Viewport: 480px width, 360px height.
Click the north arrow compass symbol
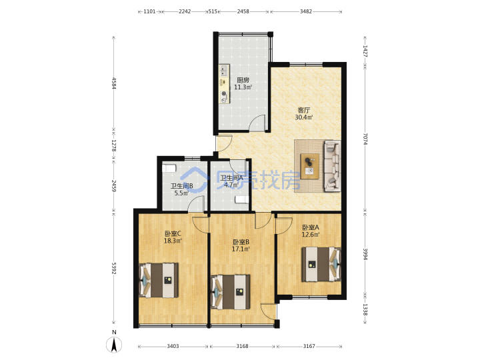point(114,345)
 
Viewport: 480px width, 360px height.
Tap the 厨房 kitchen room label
point(243,80)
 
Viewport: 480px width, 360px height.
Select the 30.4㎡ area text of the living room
point(304,117)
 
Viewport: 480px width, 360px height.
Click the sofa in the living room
point(333,166)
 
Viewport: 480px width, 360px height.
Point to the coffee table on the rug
point(310,166)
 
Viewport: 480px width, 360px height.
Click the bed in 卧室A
point(321,264)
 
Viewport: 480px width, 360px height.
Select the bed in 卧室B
point(231,292)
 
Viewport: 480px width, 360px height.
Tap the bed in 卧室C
point(159,280)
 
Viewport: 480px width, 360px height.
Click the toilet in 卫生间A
point(241,199)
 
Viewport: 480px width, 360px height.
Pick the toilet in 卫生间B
point(169,168)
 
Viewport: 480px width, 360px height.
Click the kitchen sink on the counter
point(224,71)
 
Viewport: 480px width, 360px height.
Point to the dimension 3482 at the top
point(305,11)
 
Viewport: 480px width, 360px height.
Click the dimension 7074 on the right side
point(365,139)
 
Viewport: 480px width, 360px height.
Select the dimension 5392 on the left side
point(114,268)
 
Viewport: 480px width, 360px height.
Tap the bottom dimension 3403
point(173,346)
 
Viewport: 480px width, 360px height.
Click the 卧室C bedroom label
point(173,233)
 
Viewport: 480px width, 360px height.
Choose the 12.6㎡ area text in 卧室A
point(311,235)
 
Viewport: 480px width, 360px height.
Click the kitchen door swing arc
point(257,121)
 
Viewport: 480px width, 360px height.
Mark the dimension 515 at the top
point(213,11)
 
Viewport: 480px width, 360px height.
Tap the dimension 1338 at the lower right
point(365,309)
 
